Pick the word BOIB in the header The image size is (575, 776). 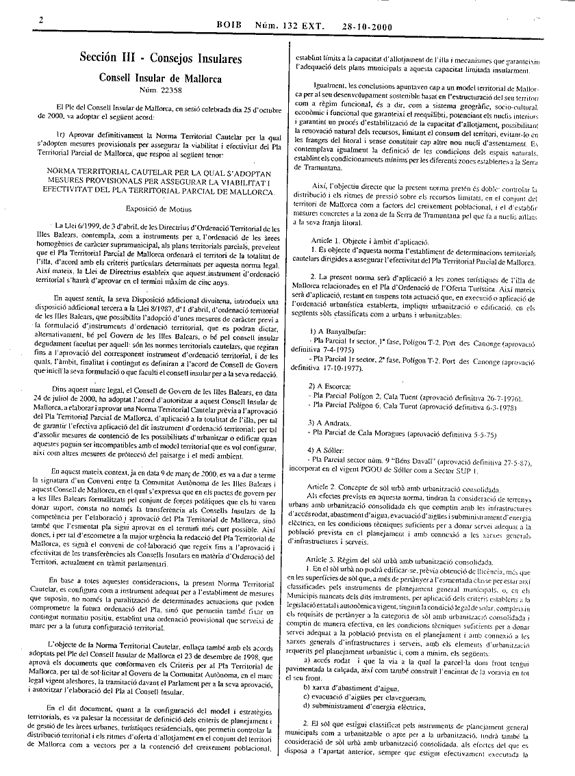230,27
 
